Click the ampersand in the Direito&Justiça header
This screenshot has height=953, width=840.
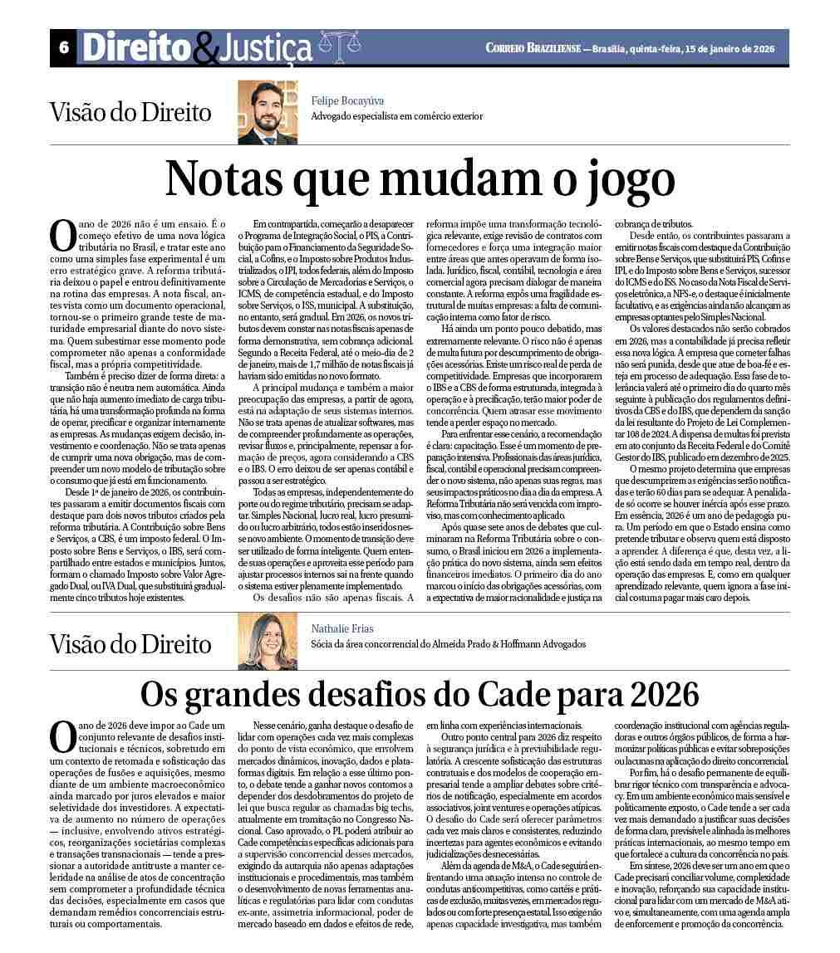(204, 51)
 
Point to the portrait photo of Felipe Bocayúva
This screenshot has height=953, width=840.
(267, 112)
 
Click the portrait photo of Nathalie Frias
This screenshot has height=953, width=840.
(267, 641)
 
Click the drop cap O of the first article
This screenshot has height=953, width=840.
(63, 237)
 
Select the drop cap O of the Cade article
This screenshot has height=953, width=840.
(63, 737)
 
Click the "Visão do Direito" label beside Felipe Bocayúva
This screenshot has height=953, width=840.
(130, 113)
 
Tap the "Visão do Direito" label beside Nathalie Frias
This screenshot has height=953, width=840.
(130, 643)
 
